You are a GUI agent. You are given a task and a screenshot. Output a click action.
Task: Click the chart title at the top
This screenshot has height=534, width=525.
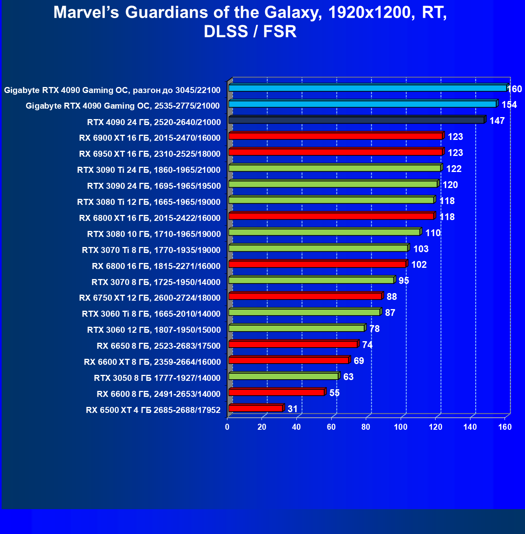tap(250, 22)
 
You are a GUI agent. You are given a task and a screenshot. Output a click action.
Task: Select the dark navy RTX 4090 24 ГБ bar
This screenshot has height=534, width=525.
tap(356, 120)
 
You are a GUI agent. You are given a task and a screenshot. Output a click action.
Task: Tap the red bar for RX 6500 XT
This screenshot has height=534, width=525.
tap(256, 409)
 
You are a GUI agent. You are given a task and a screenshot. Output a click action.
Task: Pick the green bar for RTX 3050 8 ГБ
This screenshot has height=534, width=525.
tap(284, 376)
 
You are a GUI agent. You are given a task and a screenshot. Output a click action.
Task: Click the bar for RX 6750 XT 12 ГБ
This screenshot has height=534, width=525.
tap(305, 296)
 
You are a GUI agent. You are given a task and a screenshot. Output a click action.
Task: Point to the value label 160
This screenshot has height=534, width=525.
tap(515, 89)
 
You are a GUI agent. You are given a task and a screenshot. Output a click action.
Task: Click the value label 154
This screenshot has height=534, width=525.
tap(509, 105)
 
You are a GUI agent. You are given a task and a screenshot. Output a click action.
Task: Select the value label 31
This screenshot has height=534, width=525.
tap(292, 409)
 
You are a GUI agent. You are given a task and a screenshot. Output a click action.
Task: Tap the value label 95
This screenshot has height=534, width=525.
tap(403, 281)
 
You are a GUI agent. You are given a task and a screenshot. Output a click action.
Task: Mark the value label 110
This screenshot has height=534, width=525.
tap(433, 233)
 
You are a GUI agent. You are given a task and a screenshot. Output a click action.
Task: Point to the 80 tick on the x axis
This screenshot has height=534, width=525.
tap(366, 427)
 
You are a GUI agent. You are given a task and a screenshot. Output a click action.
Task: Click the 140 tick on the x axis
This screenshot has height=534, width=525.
tap(470, 427)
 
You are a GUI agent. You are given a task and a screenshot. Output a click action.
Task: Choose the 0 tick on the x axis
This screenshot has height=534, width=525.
tap(227, 427)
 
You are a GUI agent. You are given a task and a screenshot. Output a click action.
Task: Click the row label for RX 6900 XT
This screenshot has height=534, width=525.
tap(150, 138)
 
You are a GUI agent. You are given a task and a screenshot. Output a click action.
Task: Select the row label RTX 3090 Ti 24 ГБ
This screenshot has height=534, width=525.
tap(148, 170)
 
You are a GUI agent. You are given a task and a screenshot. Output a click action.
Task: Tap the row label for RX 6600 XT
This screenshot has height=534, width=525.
tap(152, 362)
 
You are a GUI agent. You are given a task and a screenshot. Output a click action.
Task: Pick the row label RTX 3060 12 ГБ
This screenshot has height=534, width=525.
tap(154, 330)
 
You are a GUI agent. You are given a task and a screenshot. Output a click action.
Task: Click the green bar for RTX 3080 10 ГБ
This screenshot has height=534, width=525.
tap(324, 232)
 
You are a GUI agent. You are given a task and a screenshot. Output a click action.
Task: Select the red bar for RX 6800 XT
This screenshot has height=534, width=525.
tap(331, 216)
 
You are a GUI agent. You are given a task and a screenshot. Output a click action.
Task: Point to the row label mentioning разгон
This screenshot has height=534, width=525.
tap(112, 90)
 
